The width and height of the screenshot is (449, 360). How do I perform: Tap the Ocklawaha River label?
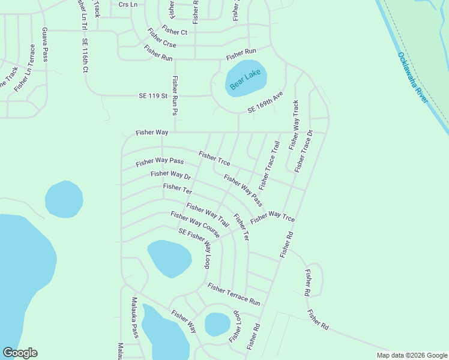[x=413, y=77]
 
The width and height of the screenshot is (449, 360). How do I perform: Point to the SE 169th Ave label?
[x=265, y=103]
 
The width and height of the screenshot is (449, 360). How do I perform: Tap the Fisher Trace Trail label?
[x=270, y=165]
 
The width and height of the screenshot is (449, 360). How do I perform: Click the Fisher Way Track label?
[x=294, y=125]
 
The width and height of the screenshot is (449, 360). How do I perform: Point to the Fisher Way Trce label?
[x=273, y=217]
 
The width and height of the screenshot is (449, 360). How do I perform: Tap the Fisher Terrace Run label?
[x=234, y=294]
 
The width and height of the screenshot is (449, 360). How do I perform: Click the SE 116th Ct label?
[x=85, y=56]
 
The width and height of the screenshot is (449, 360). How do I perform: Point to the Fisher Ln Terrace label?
[x=25, y=68]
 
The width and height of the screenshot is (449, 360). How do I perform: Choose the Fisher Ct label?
[x=175, y=32]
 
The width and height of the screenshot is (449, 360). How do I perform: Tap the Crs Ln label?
[x=128, y=4]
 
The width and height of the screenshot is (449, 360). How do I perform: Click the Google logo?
[x=20, y=353]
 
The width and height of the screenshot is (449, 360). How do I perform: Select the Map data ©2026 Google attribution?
[x=412, y=355]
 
